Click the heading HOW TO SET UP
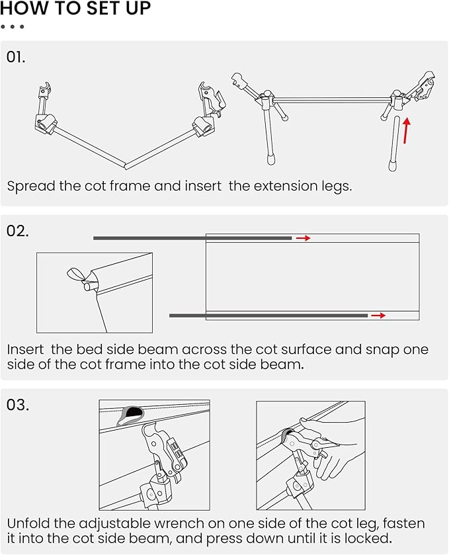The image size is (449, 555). click(75, 9)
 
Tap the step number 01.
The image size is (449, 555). click(16, 57)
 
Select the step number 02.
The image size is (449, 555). click(18, 231)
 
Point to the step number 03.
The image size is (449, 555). click(18, 404)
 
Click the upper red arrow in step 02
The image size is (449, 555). click(303, 238)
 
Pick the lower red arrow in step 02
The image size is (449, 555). click(378, 316)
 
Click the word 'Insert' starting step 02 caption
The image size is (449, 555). click(26, 349)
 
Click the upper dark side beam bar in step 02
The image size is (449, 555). click(192, 238)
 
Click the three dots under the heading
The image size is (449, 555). click(13, 26)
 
